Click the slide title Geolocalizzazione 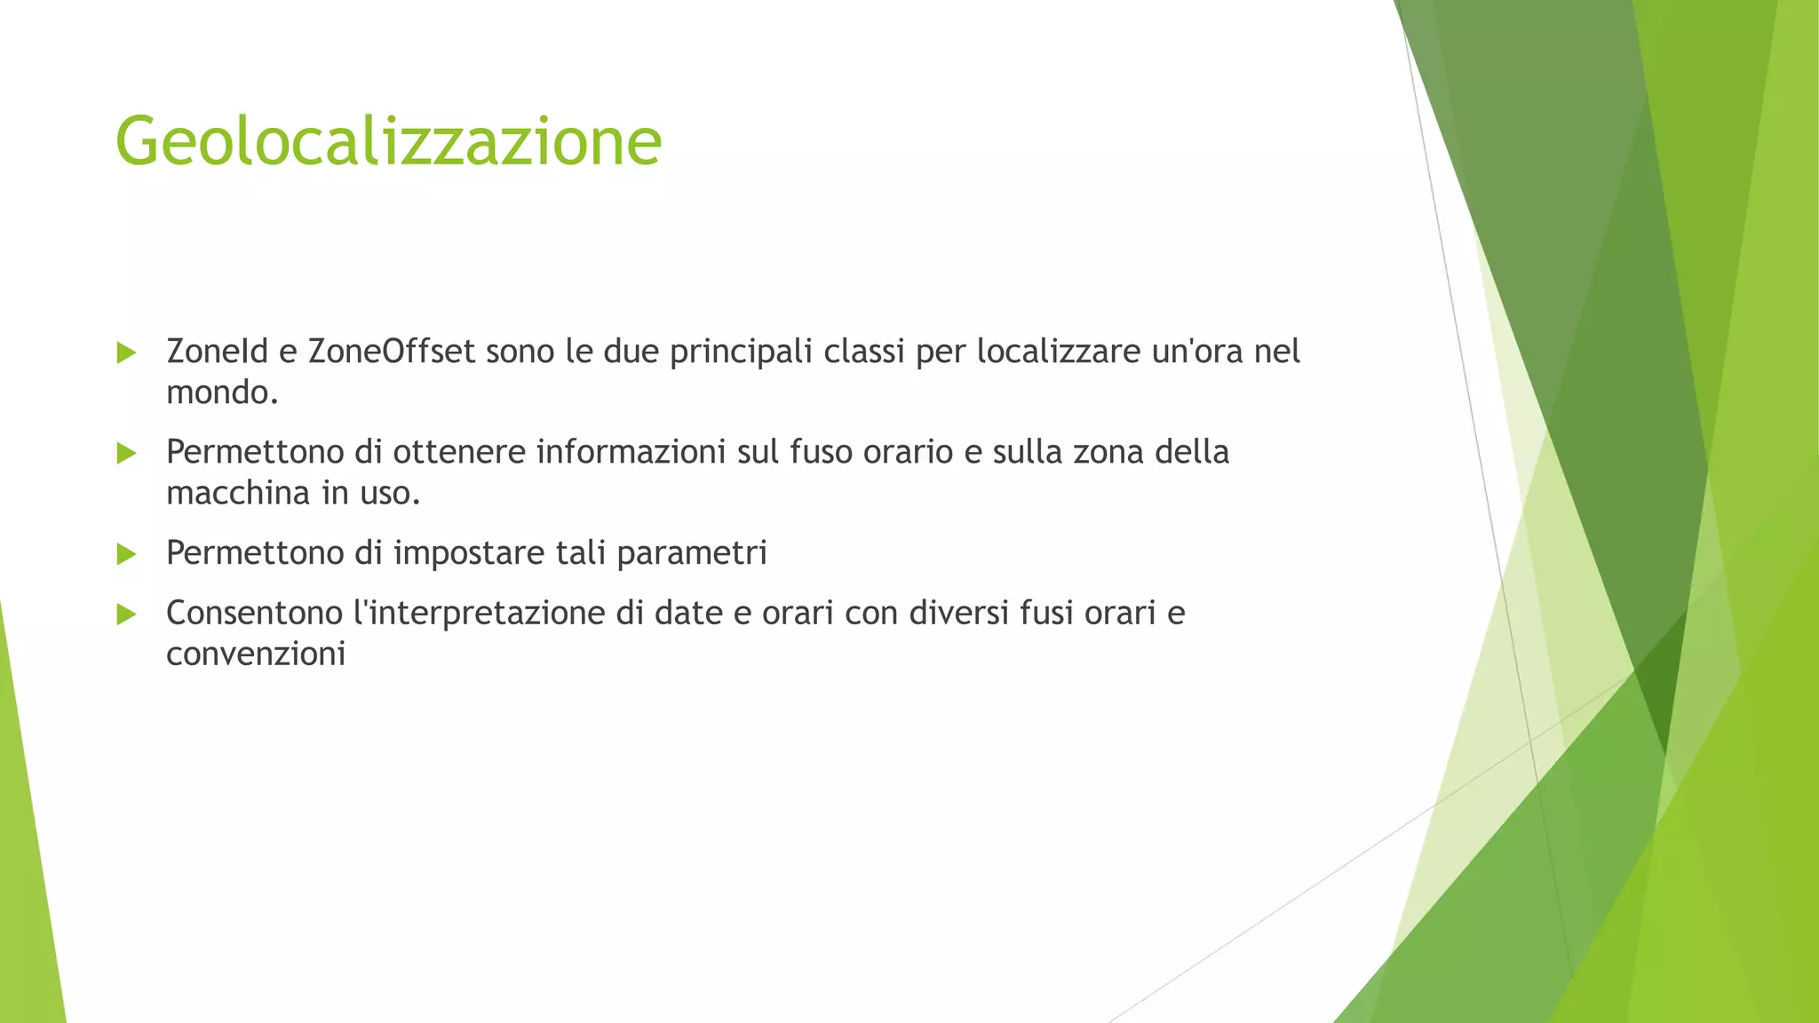pos(388,141)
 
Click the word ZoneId pos(217,352)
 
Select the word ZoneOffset pos(392,352)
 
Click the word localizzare pos(1059,353)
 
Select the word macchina pos(238,493)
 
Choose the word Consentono pos(254,613)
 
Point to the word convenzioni pos(256,654)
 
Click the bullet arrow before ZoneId pos(126,353)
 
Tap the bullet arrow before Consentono pos(126,615)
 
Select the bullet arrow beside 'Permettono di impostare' pos(126,555)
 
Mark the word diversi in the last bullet pos(958,613)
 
